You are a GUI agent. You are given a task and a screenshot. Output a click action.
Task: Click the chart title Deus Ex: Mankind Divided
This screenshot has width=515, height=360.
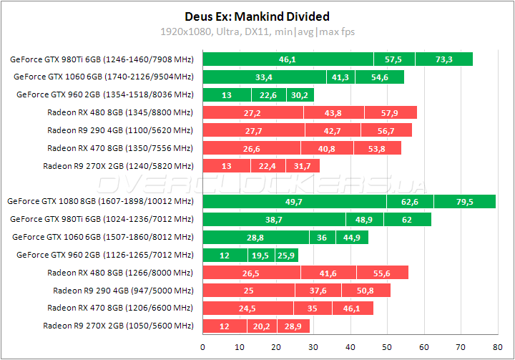257,16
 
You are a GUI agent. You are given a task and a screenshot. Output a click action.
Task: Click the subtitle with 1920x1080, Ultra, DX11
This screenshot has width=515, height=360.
257,31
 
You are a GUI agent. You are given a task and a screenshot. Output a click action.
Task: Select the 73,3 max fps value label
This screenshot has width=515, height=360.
443,59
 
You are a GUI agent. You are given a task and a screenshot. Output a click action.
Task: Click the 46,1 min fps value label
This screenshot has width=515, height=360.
288,59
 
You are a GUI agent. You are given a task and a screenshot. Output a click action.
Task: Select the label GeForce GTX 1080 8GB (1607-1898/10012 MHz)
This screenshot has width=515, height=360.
100,202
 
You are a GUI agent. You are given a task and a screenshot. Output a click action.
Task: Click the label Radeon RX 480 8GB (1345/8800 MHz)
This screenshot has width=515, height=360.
119,112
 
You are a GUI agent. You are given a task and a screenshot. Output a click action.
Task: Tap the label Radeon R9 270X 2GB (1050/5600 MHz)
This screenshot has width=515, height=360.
118,326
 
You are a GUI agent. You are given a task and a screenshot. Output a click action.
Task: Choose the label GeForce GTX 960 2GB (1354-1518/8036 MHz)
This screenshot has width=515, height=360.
104,94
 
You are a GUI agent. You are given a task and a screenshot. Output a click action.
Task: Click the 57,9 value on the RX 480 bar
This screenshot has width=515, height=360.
390,112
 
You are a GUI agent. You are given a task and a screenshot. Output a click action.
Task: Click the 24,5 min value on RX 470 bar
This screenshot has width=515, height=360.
247,308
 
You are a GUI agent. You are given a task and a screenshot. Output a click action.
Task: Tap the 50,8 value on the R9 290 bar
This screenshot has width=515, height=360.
365,291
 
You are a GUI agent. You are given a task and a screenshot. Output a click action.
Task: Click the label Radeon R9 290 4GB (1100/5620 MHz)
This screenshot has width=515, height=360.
119,130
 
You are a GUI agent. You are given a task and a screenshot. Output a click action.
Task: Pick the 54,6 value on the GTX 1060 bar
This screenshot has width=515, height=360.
378,77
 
